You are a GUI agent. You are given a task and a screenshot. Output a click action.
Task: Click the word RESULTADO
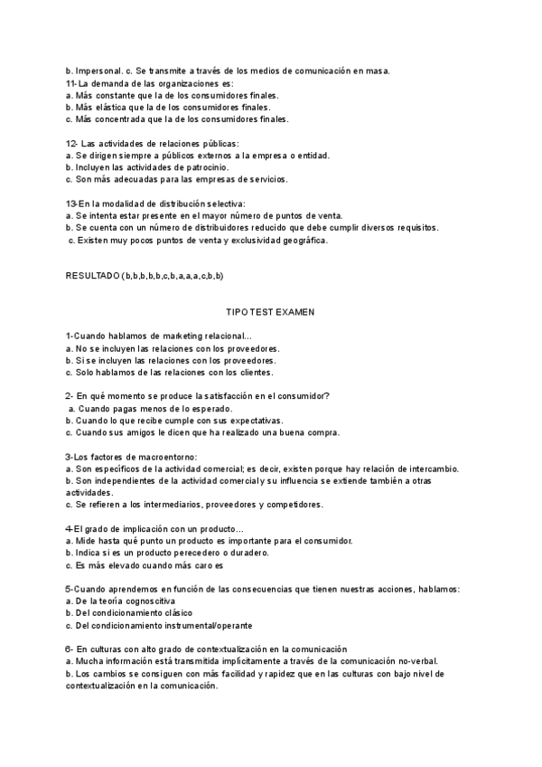92,275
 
